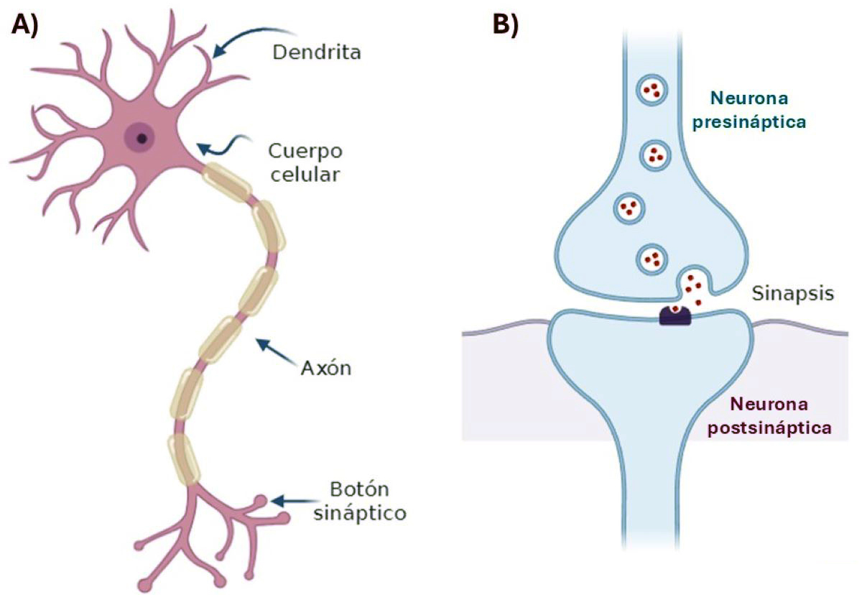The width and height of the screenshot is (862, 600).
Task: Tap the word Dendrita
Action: coord(317,53)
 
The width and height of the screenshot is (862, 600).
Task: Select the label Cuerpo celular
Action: coord(305,162)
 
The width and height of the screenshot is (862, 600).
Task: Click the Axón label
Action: coord(325,368)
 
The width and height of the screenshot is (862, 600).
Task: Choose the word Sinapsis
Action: coord(793,293)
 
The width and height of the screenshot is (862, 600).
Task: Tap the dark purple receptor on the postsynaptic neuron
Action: coord(675,315)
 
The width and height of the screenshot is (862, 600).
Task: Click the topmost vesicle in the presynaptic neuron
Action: coord(653,91)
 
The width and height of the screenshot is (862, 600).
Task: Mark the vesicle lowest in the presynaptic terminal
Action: coord(652,258)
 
